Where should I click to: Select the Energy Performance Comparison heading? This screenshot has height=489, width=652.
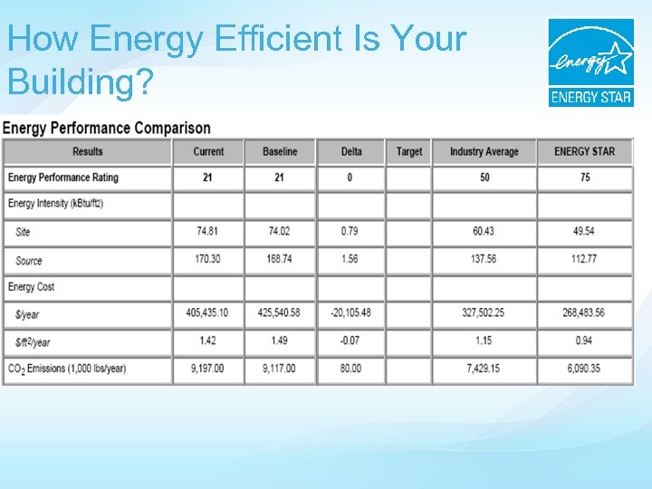(107, 129)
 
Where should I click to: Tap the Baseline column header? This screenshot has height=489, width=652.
(280, 151)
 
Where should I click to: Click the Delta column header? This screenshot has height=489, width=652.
(351, 151)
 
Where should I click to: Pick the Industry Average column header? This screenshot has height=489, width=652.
(484, 151)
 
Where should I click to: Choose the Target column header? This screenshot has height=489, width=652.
(409, 151)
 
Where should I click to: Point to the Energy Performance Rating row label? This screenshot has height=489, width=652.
(63, 177)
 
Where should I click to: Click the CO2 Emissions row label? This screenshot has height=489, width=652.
(67, 369)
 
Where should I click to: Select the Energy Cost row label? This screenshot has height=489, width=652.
(32, 287)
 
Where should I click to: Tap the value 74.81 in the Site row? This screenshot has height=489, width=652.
(208, 232)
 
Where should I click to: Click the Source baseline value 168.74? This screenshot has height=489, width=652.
(280, 259)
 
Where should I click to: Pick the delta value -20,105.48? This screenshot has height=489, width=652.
(350, 313)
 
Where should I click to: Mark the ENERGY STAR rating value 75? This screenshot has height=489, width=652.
(584, 177)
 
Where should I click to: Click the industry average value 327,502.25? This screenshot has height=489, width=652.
(484, 313)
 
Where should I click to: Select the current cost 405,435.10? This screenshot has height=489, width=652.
(208, 313)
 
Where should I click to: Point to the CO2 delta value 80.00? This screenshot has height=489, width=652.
(350, 369)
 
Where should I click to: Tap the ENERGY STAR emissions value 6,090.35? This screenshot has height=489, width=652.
(584, 369)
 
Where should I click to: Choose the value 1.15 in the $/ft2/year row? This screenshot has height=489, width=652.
(484, 340)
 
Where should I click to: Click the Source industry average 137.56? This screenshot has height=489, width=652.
(484, 259)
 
